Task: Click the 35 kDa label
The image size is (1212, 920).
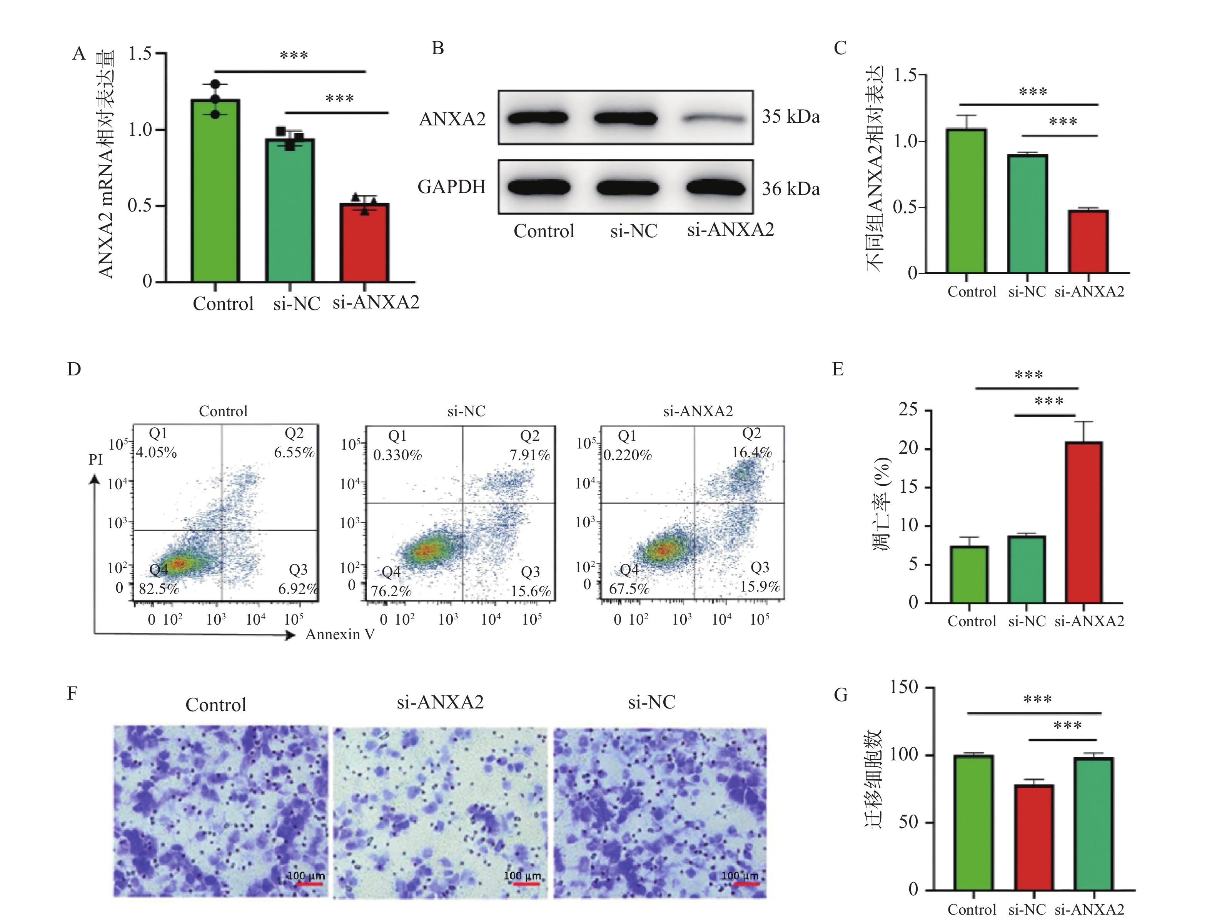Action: (791, 117)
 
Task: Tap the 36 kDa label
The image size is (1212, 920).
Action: (791, 189)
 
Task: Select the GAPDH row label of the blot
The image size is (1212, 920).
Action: (451, 187)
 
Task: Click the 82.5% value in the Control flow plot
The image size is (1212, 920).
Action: (159, 589)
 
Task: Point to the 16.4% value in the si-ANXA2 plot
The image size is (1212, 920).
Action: (752, 452)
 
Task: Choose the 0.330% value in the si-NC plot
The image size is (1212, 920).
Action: (397, 455)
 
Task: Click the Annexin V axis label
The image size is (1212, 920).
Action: (340, 634)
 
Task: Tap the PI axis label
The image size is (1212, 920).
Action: (96, 460)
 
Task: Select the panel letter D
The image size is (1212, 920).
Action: (74, 369)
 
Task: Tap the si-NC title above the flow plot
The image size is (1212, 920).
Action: (466, 411)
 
